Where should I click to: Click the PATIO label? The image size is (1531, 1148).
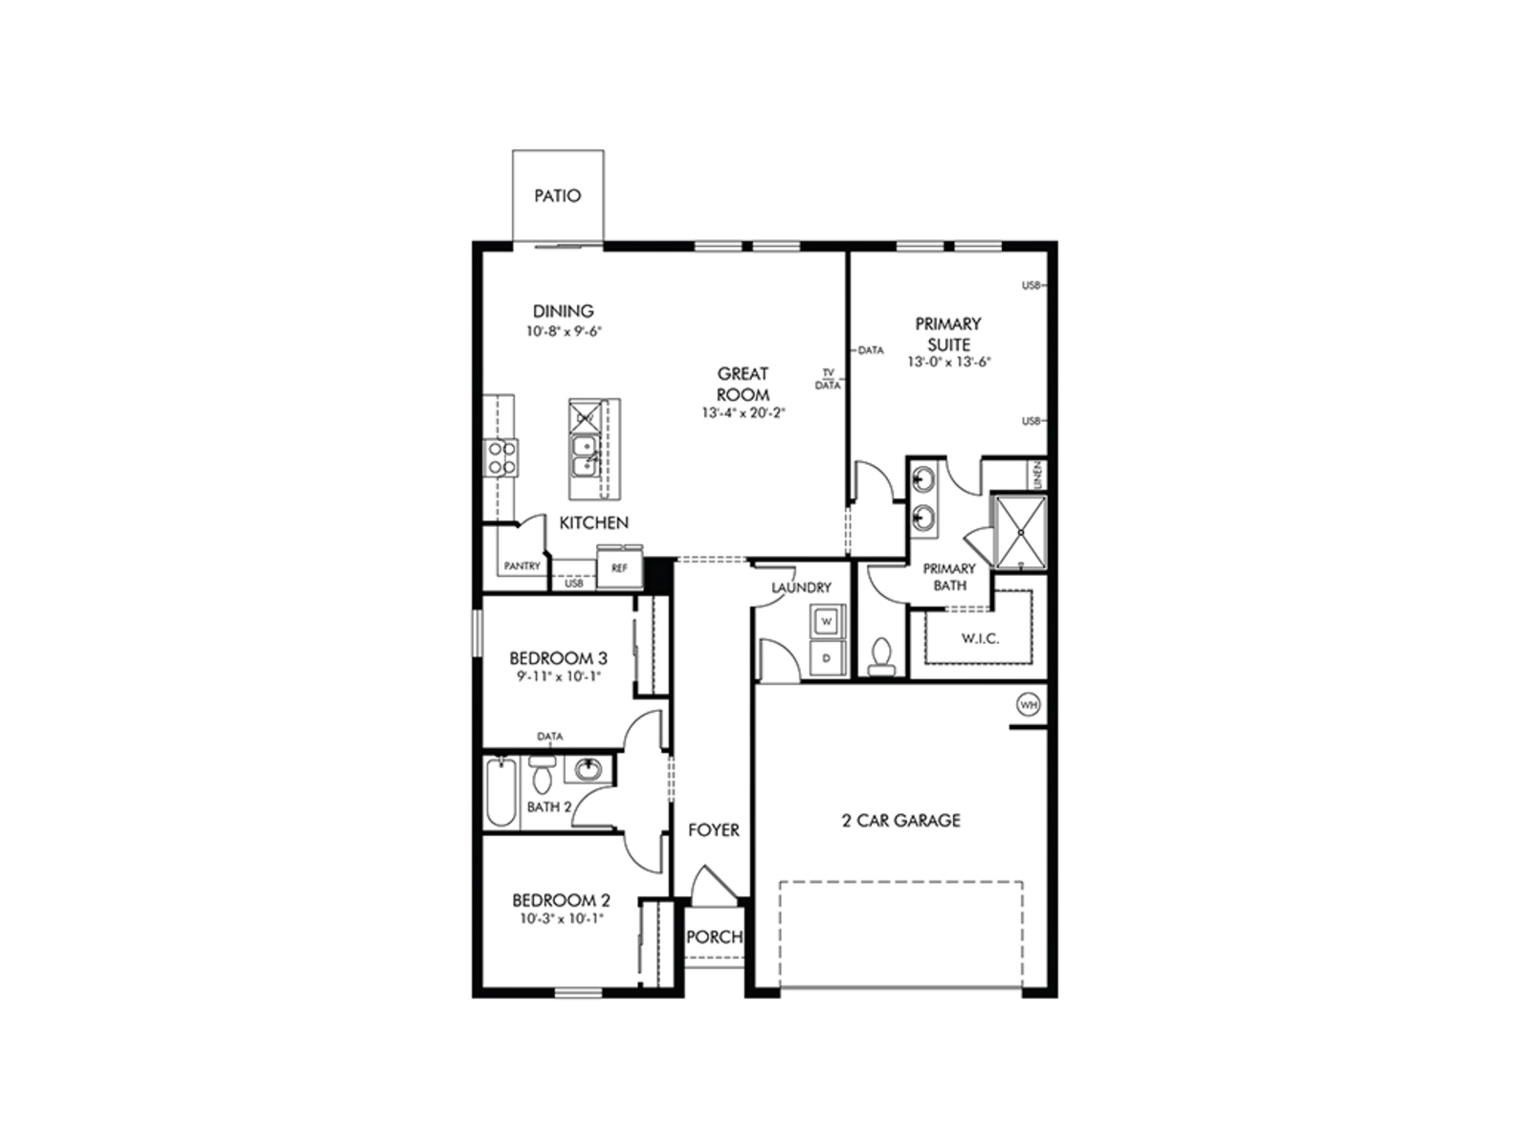point(557,196)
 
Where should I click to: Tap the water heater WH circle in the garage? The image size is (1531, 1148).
point(1029,705)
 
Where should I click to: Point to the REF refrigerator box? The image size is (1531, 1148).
point(619,567)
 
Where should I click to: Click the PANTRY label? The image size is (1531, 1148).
point(522,566)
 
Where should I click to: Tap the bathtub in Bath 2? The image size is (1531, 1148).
point(500,792)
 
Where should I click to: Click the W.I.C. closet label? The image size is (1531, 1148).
point(980,638)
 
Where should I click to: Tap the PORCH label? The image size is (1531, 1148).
point(714,938)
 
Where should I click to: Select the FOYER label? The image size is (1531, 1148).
point(714,830)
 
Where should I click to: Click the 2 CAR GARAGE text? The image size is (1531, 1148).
point(900,820)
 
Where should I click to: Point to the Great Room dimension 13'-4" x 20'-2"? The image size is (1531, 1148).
point(743,413)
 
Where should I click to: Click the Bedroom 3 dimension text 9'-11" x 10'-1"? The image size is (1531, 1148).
point(558,676)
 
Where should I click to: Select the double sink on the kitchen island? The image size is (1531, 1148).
point(583,455)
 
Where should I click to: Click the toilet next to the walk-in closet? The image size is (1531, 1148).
point(881,653)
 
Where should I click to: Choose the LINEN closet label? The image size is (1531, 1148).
point(1037,475)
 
